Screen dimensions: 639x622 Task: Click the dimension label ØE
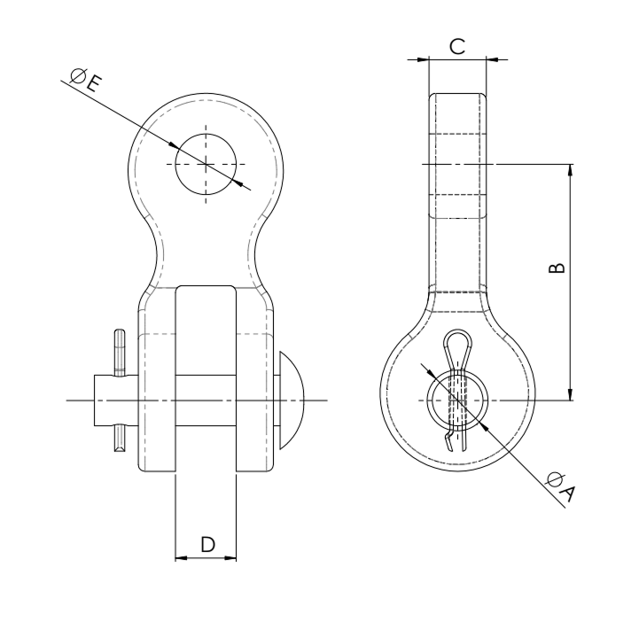85,81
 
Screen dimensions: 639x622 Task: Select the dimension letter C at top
457,46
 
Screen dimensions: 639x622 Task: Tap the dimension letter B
557,268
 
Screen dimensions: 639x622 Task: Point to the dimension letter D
208,544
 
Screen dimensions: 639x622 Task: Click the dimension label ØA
561,487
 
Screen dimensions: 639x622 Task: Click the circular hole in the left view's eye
206,164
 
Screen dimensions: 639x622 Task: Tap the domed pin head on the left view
292,400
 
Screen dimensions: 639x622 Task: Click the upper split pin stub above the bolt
120,352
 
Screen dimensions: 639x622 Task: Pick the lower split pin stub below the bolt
120,439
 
